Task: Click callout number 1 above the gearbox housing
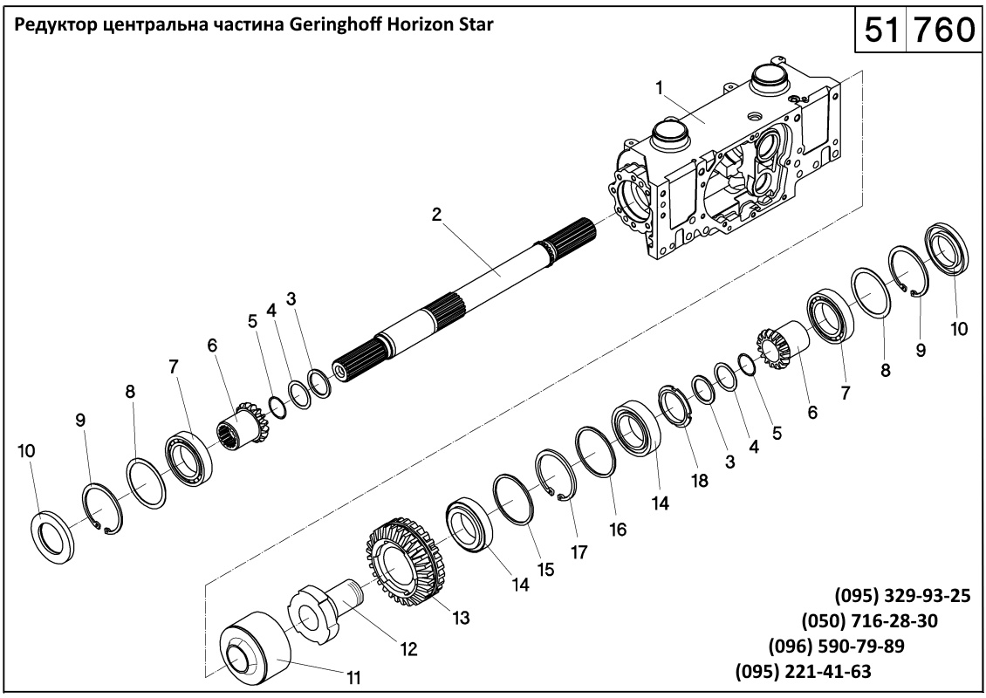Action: tap(661, 87)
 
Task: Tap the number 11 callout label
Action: tap(354, 676)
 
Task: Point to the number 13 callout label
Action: tap(461, 618)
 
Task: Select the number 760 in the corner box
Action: tap(942, 31)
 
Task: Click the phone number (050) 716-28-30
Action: tap(869, 621)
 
